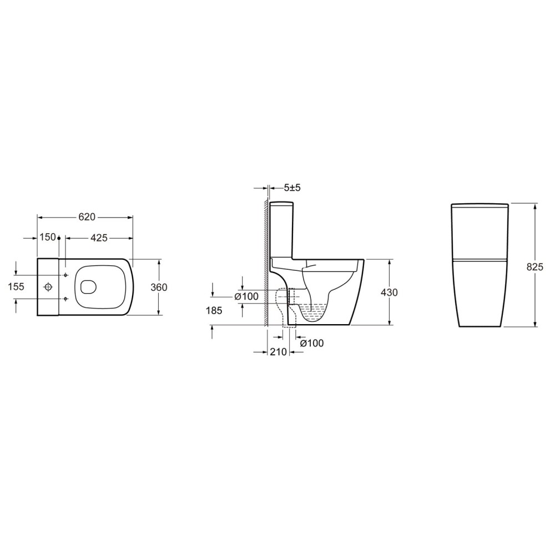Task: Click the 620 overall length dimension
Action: coord(87,217)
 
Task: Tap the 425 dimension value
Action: coord(99,238)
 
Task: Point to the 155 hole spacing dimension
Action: coord(16,286)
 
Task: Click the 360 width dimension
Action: coord(159,287)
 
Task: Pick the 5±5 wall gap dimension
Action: coord(292,188)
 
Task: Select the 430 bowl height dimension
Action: coord(390,292)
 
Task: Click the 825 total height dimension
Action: coord(535,267)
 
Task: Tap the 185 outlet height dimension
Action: coord(214,310)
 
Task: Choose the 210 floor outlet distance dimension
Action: coord(278,352)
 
